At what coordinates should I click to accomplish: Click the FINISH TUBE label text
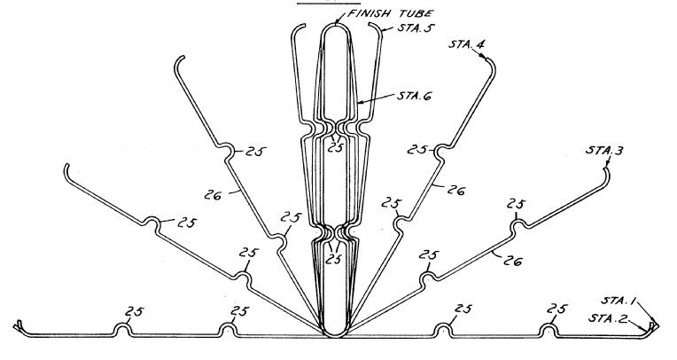391,14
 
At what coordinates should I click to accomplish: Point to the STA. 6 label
414,96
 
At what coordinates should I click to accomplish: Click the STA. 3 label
604,151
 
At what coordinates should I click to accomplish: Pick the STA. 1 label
619,301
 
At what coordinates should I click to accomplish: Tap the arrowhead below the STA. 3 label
607,165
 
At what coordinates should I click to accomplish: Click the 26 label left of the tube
213,195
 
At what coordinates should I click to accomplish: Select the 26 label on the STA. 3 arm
512,261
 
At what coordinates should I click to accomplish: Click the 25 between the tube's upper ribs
335,148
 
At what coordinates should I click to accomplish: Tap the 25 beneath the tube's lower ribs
333,259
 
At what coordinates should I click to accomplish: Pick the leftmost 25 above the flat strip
135,311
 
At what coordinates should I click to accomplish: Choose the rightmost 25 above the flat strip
556,309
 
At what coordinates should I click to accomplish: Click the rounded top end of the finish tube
336,25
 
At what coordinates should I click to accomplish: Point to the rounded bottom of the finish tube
335,336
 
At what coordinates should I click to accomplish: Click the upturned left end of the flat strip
19,325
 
